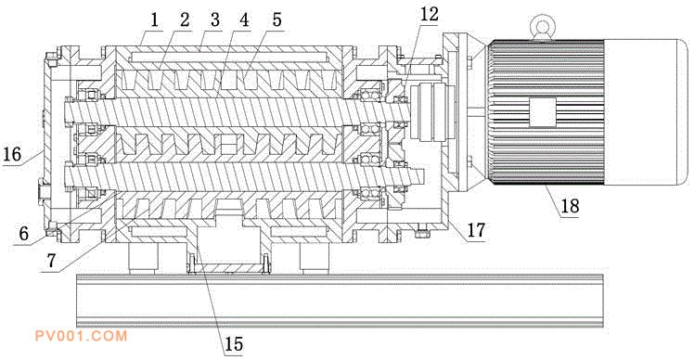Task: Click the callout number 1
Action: (x=154, y=20)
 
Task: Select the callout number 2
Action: (x=185, y=19)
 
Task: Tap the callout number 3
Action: (x=215, y=19)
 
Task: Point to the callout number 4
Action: (x=245, y=19)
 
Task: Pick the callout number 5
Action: (x=276, y=19)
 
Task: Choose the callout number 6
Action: (x=23, y=233)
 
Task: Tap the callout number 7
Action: (x=52, y=261)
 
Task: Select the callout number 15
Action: (x=234, y=343)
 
